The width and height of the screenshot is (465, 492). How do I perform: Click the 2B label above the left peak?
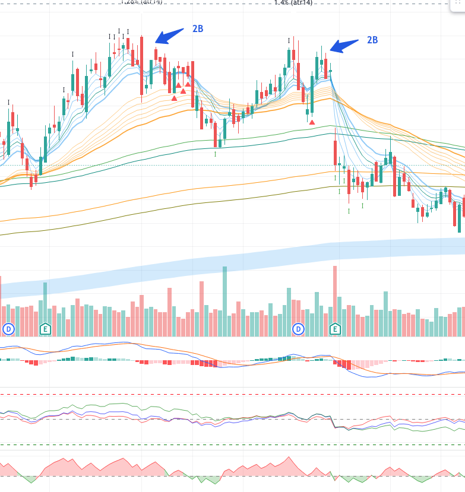click(x=198, y=28)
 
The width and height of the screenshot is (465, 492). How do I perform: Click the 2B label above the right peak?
click(x=372, y=40)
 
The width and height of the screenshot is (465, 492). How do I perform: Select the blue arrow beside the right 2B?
click(x=344, y=45)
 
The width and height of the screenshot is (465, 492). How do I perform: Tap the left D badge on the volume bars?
click(x=8, y=328)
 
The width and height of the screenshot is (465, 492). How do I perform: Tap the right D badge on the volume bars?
click(x=298, y=328)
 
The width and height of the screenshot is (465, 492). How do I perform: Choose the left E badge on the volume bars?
click(x=45, y=328)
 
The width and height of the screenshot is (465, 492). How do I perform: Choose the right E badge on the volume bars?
click(x=335, y=328)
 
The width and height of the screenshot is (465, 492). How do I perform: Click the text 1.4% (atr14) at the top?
click(x=293, y=2)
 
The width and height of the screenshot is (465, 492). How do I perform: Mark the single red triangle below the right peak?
click(x=312, y=121)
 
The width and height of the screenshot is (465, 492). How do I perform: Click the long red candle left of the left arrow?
click(x=141, y=65)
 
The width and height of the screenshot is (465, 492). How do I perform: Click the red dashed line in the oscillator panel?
click(x=232, y=394)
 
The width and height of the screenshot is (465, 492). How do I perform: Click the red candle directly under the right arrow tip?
click(x=325, y=68)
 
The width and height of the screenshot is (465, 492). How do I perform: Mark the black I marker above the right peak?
click(x=289, y=41)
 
